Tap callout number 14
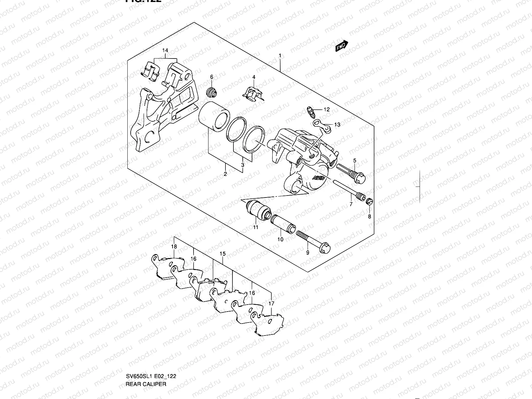click(x=165, y=51)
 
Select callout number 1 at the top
click(x=280, y=56)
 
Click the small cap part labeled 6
click(x=211, y=92)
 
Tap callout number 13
click(x=337, y=125)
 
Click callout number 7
click(x=351, y=204)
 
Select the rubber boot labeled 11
click(x=259, y=211)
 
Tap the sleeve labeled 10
click(x=282, y=224)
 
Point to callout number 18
click(x=174, y=246)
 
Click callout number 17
click(x=272, y=304)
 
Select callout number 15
click(x=222, y=254)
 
